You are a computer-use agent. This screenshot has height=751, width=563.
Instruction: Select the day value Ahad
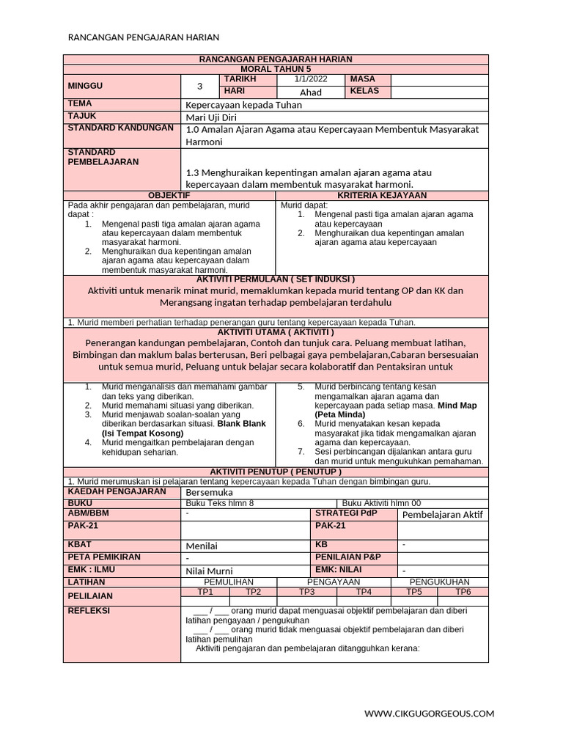coord(311,92)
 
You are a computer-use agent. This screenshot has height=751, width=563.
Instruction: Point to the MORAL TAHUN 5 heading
coord(276,67)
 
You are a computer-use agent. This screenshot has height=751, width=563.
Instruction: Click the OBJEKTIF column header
coord(169,196)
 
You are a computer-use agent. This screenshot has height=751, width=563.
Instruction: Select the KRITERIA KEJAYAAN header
coord(382,196)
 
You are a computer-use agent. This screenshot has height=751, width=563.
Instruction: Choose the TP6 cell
coord(463,592)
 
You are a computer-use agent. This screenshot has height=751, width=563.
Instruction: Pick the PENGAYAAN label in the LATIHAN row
coord(328,582)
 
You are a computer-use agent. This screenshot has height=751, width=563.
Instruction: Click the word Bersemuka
coord(209,494)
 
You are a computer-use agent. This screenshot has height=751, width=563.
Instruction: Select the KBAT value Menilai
coord(202,546)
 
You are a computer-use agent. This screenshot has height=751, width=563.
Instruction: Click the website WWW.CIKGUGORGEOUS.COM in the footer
coord(430,713)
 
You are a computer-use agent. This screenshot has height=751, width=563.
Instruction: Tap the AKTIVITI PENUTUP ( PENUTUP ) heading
coord(276,472)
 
